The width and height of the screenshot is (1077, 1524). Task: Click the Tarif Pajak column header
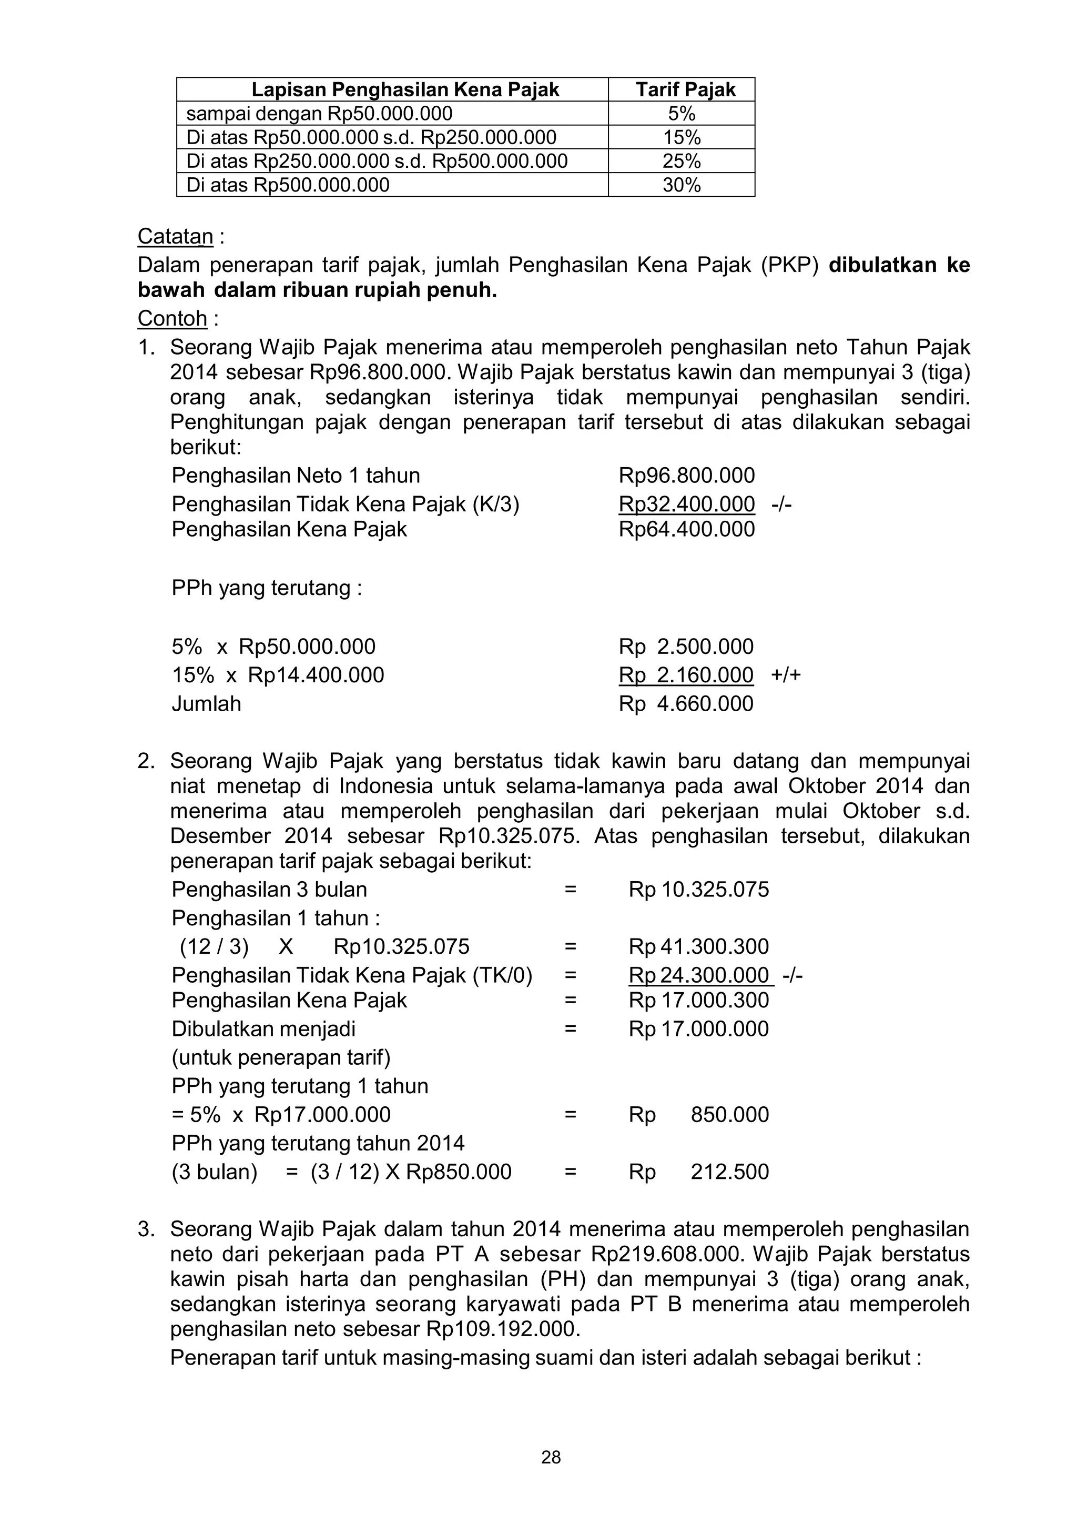pos(686,89)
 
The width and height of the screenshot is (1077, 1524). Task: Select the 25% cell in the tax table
pos(682,162)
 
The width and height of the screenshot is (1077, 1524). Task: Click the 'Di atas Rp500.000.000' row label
pos(288,185)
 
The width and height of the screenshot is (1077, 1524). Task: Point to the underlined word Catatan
pos(175,236)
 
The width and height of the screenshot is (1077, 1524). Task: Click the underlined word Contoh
pos(172,319)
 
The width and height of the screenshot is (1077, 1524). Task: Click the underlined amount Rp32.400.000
pos(686,504)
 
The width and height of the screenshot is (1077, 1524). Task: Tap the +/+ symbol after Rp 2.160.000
pos(786,675)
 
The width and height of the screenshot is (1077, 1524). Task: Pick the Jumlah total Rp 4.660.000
pos(686,703)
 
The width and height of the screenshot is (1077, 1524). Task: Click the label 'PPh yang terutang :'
pos(267,588)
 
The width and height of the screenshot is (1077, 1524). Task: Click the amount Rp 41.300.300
pos(698,946)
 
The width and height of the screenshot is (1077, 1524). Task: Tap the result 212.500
pos(729,1172)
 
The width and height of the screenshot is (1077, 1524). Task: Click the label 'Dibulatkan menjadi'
pos(263,1029)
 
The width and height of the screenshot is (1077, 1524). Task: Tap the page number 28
pos(551,1458)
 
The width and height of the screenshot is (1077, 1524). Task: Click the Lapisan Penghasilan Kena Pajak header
pos(405,89)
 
